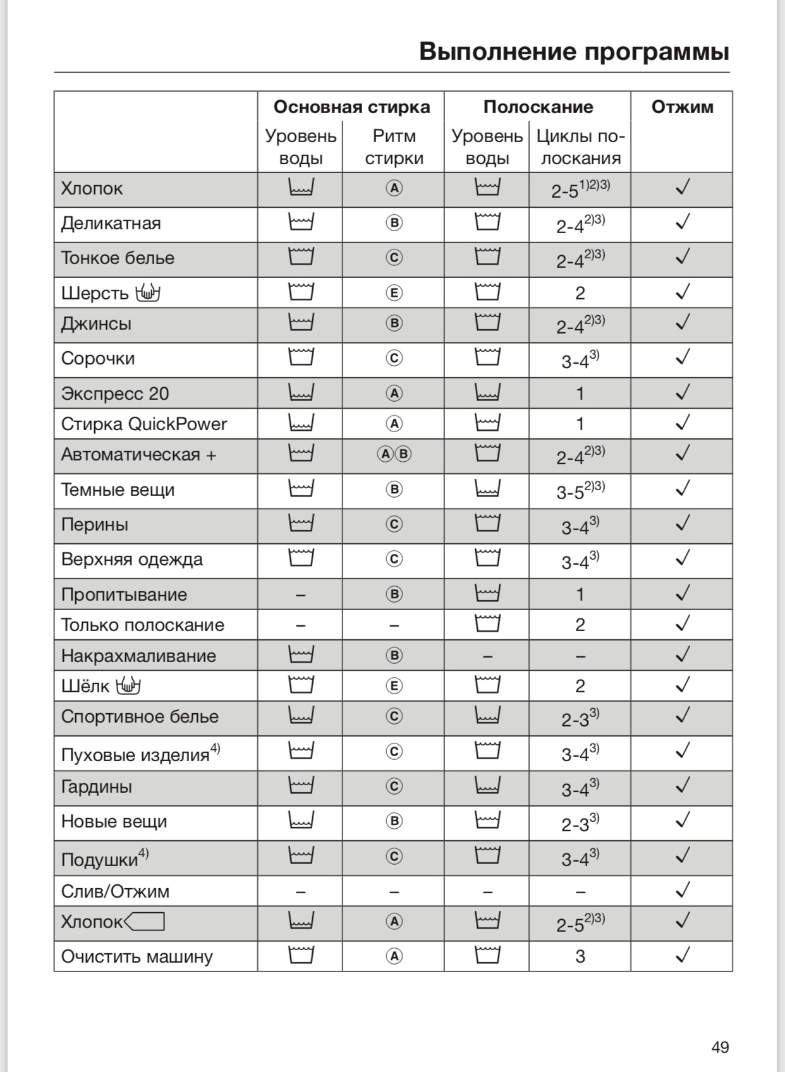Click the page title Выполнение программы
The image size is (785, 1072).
(574, 51)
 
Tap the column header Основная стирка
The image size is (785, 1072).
(351, 107)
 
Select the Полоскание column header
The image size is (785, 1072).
(538, 107)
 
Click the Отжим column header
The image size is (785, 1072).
(682, 107)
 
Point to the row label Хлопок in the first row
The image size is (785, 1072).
(92, 189)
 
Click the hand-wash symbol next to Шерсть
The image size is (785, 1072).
(147, 293)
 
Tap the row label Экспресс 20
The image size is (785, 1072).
(115, 394)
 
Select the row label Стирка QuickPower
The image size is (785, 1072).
(143, 424)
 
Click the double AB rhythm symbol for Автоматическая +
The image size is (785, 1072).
(394, 454)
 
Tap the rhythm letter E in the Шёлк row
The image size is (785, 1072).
(394, 686)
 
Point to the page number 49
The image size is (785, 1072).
(720, 1047)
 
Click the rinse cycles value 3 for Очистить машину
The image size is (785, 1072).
(580, 956)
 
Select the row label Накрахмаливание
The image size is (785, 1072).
(138, 656)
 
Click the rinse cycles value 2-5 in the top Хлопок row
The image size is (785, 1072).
(565, 191)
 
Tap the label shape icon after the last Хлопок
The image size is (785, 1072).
(145, 922)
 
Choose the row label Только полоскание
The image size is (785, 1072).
(143, 625)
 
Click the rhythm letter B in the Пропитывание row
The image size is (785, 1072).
(394, 594)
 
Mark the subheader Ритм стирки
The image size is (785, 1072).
(394, 147)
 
